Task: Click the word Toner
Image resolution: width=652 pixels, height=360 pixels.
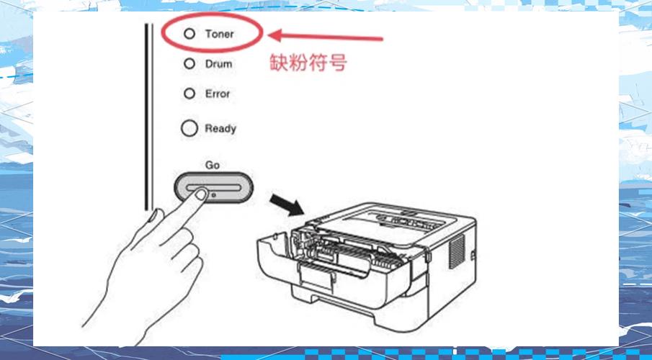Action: coord(220,34)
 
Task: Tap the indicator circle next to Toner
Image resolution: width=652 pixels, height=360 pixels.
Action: coord(189,34)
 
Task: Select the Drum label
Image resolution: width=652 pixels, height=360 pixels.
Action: coord(219,64)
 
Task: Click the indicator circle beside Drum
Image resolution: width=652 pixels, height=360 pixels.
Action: coord(189,63)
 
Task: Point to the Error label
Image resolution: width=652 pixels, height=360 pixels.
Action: coord(218,94)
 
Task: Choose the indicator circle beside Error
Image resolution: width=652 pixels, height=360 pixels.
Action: coord(189,94)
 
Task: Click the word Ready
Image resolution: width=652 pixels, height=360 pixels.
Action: coord(220,129)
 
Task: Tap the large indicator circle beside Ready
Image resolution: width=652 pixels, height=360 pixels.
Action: coord(189,128)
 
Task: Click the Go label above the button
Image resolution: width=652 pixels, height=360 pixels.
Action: coord(212,165)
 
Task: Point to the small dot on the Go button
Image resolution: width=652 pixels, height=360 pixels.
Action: coord(214,194)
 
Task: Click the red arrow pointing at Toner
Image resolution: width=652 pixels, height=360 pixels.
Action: coord(325,37)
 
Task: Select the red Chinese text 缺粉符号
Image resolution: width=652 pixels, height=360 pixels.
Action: coord(308,63)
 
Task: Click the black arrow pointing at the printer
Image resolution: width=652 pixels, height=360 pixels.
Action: coord(287,204)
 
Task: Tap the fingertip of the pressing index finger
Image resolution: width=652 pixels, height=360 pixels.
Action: coord(201,194)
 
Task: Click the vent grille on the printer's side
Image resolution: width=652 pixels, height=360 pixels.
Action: coord(457,251)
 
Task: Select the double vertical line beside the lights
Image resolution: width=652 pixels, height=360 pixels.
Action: coord(148,117)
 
